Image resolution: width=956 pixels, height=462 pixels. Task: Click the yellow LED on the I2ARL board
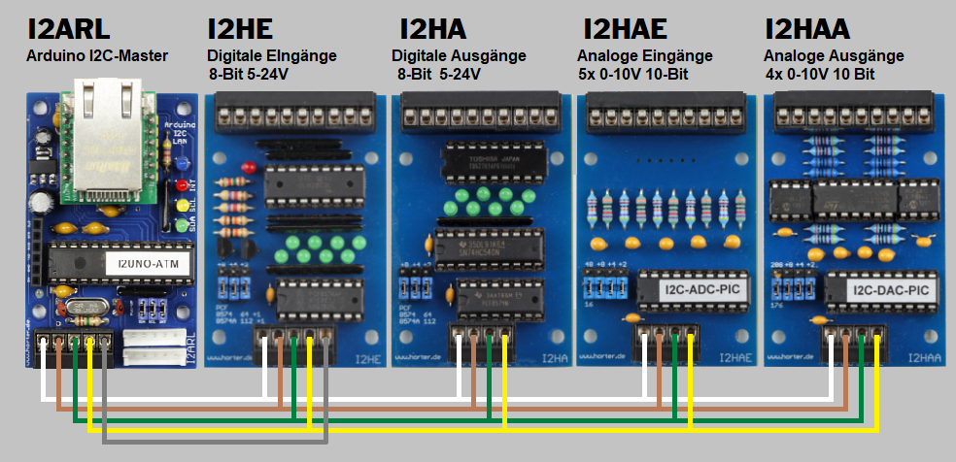click(x=182, y=207)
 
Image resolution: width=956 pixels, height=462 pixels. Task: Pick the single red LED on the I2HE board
click(x=250, y=167)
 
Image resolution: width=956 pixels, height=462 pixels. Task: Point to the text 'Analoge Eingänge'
click(x=644, y=56)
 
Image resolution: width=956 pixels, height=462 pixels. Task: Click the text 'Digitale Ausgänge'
click(x=459, y=56)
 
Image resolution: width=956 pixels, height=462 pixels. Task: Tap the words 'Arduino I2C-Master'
click(x=97, y=56)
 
